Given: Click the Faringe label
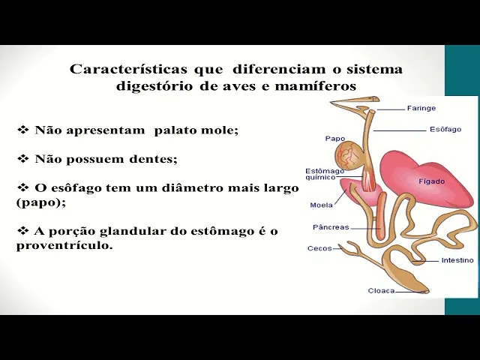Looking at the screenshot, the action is point(421,108).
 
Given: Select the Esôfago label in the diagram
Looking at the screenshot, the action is point(445,129).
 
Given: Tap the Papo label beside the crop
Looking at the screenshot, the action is point(334,138).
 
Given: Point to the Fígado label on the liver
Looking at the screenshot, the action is point(431,181).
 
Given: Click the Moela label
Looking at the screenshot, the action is point(321,205).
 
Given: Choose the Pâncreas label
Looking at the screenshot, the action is point(330,227).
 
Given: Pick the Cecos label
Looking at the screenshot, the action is point(319,248).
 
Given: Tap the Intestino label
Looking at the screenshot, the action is point(457,260).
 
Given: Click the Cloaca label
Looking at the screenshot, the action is point(381,290).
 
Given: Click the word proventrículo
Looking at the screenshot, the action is point(64,245).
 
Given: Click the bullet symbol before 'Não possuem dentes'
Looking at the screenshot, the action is point(23,159).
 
